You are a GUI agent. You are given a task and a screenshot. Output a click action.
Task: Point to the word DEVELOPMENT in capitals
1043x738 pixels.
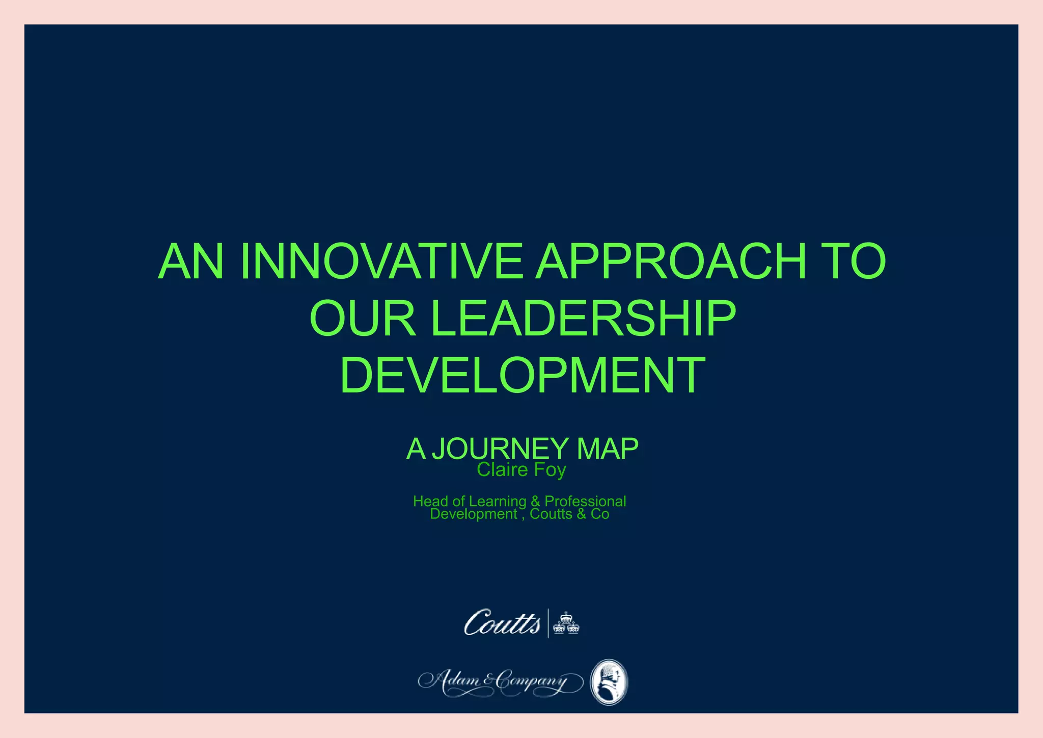pos(523,376)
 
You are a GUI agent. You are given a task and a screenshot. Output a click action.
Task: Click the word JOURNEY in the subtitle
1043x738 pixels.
pos(500,449)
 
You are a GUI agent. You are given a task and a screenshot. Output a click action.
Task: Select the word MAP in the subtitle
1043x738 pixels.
pos(607,449)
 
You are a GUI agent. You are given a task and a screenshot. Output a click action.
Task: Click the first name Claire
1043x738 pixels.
pos(502,469)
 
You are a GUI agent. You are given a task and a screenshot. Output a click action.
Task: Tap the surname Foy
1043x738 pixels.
pos(551,470)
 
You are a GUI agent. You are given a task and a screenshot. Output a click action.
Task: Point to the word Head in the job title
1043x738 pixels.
pos(430,502)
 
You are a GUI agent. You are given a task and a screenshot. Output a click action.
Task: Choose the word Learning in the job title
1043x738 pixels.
pos(498,502)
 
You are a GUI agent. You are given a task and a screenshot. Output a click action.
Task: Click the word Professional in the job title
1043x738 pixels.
pos(585,502)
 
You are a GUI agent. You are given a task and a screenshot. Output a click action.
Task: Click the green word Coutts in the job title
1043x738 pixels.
pos(551,514)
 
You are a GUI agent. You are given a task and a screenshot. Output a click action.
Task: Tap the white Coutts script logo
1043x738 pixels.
pos(502,623)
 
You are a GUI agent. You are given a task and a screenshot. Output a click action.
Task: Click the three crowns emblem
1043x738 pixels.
pos(566,623)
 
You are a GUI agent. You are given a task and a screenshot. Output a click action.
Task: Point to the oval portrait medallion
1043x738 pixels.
pos(609,682)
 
